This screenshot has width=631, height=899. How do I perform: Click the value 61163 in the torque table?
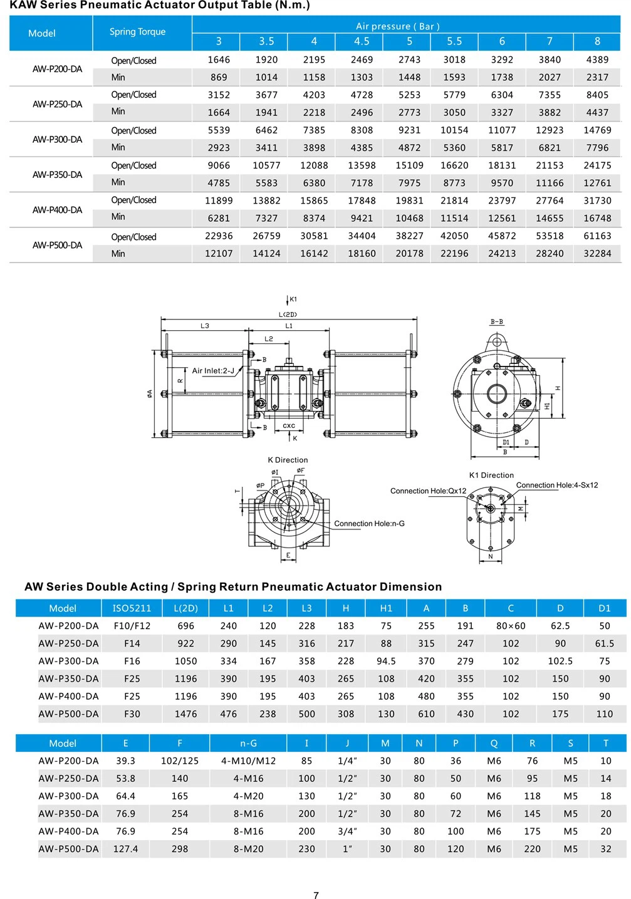(x=597, y=236)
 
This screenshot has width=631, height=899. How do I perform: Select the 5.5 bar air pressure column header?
(x=454, y=41)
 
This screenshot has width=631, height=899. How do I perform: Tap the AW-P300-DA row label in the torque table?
(x=57, y=139)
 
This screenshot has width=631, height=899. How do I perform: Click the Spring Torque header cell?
(x=137, y=32)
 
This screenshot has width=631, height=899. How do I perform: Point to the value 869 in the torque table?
(x=219, y=78)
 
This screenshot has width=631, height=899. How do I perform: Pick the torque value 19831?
(x=409, y=201)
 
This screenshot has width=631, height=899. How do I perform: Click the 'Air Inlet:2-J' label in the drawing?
(x=213, y=371)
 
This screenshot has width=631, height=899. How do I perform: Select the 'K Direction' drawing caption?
(x=288, y=460)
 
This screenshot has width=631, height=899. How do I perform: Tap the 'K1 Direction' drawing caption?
(x=491, y=475)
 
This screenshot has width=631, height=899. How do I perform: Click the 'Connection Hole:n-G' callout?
(x=369, y=524)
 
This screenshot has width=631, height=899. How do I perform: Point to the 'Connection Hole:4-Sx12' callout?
(x=556, y=486)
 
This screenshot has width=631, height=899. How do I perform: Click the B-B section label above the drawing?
(x=496, y=322)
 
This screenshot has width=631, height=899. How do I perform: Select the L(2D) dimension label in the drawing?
(x=288, y=314)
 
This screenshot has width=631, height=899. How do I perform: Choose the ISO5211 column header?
(x=132, y=608)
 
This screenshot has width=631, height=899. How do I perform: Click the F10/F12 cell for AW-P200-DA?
(x=132, y=626)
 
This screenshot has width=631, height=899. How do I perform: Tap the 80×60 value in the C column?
(x=511, y=626)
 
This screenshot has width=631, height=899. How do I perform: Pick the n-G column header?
(x=248, y=744)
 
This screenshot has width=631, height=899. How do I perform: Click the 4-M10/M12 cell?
(x=248, y=761)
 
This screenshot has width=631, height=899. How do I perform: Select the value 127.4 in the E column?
(x=125, y=850)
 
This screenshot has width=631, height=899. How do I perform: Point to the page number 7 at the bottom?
(x=316, y=895)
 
